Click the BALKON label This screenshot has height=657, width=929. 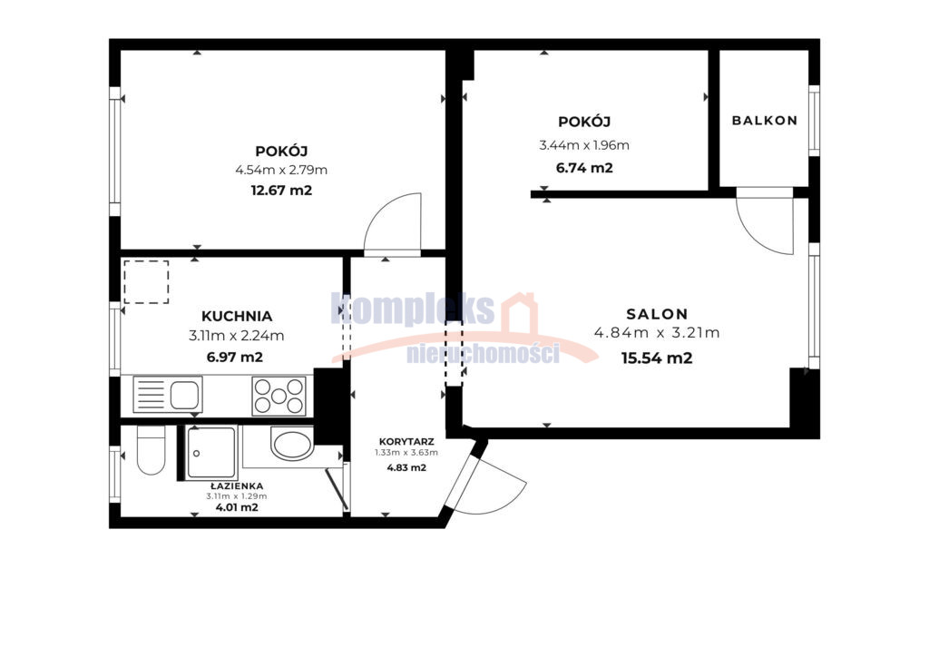[x=764, y=121]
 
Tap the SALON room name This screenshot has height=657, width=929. [x=657, y=314]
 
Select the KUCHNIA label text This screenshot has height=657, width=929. [x=237, y=317]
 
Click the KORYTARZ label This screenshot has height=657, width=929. [x=406, y=442]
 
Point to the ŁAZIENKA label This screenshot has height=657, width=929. [x=237, y=485]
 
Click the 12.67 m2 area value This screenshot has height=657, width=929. [x=281, y=191]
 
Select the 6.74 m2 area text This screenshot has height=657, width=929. [x=584, y=168]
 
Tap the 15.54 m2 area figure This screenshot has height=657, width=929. [x=657, y=358]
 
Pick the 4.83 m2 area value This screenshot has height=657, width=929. [x=406, y=467]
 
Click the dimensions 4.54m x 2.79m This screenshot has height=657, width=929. [x=281, y=170]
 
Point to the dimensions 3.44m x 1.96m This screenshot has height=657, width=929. [x=584, y=145]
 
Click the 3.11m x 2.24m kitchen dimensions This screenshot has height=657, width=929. [x=237, y=336]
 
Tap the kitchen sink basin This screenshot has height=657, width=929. [x=184, y=395]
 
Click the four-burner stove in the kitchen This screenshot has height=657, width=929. [x=279, y=396]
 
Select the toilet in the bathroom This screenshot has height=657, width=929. [x=151, y=450]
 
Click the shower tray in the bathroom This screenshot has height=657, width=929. [x=210, y=453]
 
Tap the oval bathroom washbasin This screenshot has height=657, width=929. [x=292, y=443]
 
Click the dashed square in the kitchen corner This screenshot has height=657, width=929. [x=146, y=282]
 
